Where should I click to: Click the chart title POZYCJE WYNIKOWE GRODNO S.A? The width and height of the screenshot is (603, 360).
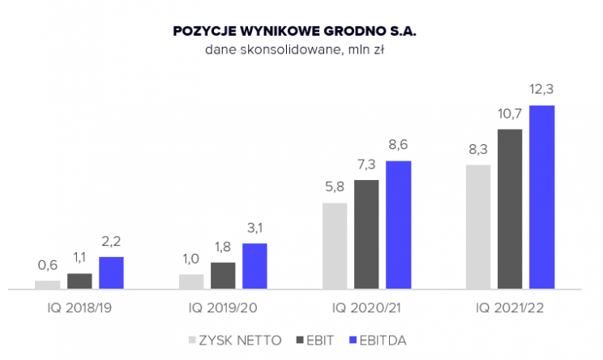point(300,32)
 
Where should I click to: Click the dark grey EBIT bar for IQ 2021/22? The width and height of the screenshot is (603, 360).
point(510,208)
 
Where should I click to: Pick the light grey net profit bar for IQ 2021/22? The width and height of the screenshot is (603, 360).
point(478,227)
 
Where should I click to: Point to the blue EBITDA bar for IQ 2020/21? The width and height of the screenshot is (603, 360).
point(398,225)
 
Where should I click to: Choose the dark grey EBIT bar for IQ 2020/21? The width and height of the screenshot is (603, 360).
point(366,234)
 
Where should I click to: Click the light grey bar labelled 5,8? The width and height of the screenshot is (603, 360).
point(335,246)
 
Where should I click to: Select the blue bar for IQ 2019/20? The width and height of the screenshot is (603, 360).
point(254,266)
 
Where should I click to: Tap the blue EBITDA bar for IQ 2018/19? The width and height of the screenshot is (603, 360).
point(111,272)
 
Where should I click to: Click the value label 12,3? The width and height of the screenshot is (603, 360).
point(541,89)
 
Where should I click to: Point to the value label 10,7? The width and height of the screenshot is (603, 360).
point(510,113)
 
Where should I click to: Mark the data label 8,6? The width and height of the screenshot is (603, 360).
point(398,145)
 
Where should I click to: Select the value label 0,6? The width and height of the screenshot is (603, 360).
point(47,265)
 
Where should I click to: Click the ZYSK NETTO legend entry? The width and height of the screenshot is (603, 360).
point(234,340)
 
